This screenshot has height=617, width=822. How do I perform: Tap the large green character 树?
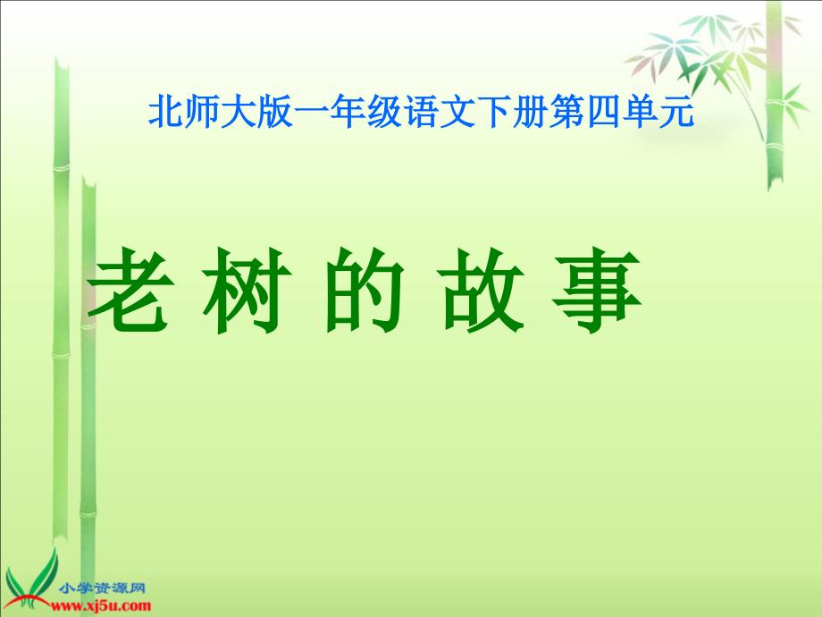(x=247, y=291)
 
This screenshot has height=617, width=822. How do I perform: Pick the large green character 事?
(x=597, y=291)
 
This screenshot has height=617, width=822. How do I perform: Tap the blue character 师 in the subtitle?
(x=202, y=111)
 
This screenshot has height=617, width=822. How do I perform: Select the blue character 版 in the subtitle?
(x=275, y=111)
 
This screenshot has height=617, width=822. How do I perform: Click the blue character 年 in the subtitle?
(x=348, y=111)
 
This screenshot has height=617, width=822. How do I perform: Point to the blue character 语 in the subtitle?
(x=421, y=111)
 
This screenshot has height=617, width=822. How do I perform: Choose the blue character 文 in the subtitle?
(x=457, y=111)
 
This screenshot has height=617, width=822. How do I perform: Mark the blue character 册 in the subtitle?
(x=531, y=111)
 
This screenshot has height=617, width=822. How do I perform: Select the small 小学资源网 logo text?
(x=102, y=588)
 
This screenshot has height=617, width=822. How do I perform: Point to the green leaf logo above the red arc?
(x=31, y=577)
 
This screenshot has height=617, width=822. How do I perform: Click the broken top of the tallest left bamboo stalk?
(x=62, y=64)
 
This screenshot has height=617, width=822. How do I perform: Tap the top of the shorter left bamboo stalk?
(x=88, y=182)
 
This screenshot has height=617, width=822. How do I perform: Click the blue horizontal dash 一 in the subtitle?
(x=312, y=113)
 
